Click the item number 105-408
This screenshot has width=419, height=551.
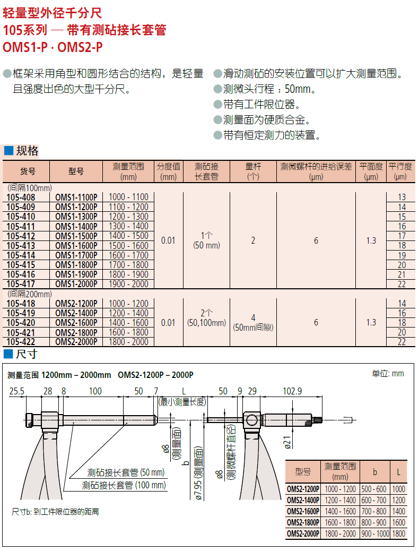pos(21,197)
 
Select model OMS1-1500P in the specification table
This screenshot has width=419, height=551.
pos(76,236)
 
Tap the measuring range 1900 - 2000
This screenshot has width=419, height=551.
pos(128,284)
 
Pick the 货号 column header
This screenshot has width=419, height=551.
pos(28,171)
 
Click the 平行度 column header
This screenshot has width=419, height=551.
pos(400,167)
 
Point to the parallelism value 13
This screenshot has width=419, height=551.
pos(402,197)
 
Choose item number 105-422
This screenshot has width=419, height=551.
pos(21,341)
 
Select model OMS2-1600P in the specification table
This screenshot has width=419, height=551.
pos(76,323)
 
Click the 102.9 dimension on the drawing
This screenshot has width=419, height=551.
pos(292,391)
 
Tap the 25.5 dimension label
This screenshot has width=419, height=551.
pos(17,391)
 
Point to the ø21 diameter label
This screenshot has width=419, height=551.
pos(287,442)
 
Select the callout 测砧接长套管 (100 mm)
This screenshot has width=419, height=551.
pos(124,485)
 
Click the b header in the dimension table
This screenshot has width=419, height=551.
pos(375,472)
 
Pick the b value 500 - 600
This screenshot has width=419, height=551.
pos(374,489)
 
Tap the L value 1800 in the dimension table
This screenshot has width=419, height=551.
pos(399,534)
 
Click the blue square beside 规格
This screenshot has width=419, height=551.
pos(8,151)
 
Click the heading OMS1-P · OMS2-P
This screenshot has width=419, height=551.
pos(53,47)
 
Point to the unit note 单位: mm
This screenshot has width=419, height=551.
pos(388,374)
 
